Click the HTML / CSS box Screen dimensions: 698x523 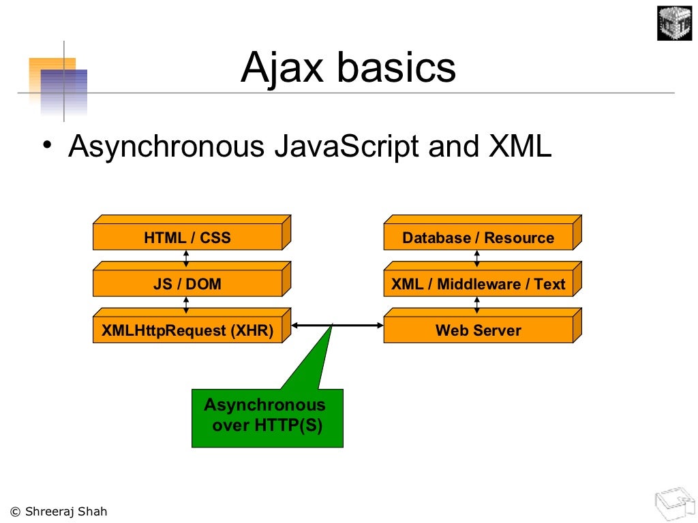(x=192, y=233)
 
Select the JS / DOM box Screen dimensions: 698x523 (x=192, y=279)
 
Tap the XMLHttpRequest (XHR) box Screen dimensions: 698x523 (x=192, y=326)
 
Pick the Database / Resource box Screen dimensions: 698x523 (x=483, y=233)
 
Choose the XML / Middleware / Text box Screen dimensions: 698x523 (x=483, y=279)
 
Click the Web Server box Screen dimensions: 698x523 (x=483, y=326)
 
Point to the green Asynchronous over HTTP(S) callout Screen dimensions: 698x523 (x=267, y=418)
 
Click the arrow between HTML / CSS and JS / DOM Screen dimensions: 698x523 (x=186, y=259)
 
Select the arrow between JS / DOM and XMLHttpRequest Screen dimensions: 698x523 (x=186, y=305)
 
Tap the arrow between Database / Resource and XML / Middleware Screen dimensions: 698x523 (x=476, y=258)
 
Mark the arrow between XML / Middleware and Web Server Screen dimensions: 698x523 (x=476, y=305)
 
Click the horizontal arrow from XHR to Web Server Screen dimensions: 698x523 (x=337, y=326)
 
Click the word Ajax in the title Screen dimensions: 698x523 (x=282, y=67)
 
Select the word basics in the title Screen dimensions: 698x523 (x=397, y=67)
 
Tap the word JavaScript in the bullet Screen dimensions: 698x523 (x=346, y=147)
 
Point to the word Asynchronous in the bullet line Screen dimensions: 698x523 (x=166, y=147)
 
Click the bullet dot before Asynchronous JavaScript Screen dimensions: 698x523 (x=47, y=144)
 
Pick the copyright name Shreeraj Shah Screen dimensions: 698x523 (x=66, y=511)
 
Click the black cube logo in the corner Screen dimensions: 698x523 (x=674, y=23)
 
